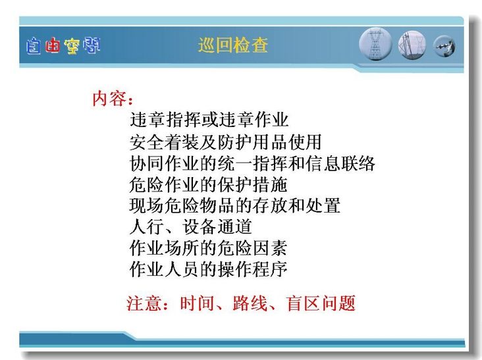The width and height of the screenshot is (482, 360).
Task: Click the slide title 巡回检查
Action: (x=232, y=45)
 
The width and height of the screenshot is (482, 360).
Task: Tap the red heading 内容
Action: (x=109, y=99)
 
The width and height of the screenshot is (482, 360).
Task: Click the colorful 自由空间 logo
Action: (x=63, y=46)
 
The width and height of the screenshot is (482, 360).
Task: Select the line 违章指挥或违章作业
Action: (x=209, y=120)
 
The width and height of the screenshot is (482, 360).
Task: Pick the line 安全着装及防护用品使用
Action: (x=225, y=142)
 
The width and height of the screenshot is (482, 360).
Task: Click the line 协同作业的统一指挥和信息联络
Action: (x=252, y=163)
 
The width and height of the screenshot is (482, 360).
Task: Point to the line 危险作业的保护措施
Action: (x=209, y=185)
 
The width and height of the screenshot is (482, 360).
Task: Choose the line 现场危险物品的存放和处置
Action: (x=235, y=205)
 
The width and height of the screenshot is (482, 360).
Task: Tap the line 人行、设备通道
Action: (x=190, y=226)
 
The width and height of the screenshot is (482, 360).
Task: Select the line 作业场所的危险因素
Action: (x=209, y=248)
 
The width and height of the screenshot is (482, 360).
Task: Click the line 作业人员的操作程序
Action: (x=209, y=269)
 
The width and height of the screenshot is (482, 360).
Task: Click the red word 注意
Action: (x=144, y=303)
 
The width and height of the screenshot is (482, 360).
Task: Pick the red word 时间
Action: (x=197, y=303)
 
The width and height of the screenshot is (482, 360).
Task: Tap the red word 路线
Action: (x=250, y=303)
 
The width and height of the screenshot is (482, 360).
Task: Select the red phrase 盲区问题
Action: (x=321, y=303)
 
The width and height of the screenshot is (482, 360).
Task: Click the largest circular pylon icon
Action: (x=375, y=44)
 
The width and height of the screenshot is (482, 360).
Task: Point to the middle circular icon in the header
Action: (x=412, y=45)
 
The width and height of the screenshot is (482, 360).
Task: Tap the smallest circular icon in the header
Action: (x=444, y=46)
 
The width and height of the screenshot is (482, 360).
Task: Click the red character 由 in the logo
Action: (x=53, y=46)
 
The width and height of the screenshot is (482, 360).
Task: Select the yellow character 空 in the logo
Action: (x=72, y=46)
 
